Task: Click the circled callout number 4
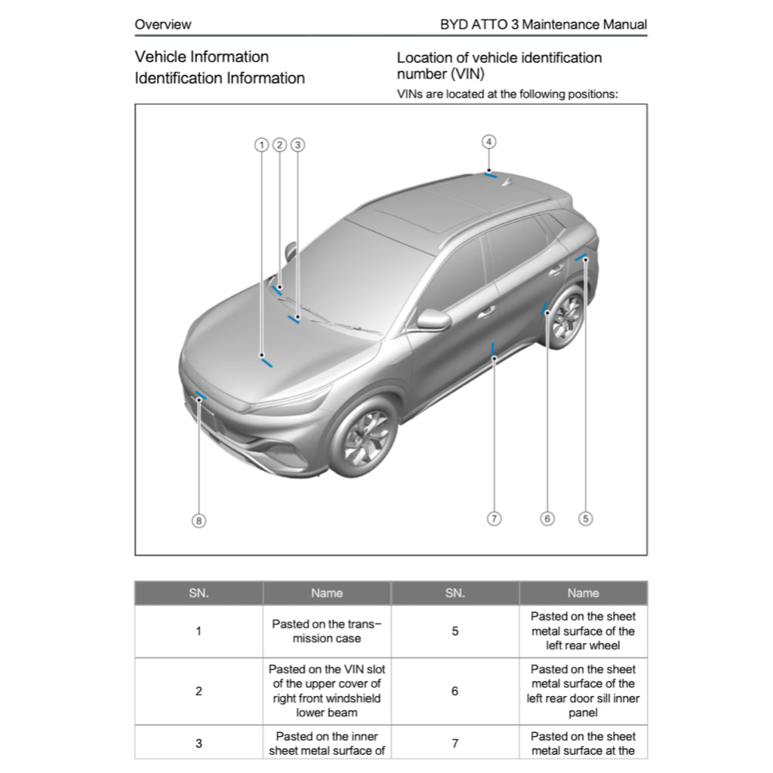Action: (489, 141)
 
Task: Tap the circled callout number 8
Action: (199, 520)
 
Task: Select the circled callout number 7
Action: (494, 519)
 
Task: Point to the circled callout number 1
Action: (261, 144)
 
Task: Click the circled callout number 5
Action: (586, 519)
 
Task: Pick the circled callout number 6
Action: (547, 519)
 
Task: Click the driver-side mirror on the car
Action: (433, 319)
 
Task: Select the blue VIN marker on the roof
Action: (491, 175)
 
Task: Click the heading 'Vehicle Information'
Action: (202, 57)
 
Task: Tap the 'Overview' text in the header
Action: (163, 24)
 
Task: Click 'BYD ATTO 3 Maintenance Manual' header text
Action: (543, 24)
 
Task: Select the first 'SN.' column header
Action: (199, 593)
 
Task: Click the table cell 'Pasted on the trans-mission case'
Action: (327, 631)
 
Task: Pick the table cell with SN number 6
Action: (454, 691)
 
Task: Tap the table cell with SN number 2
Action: (199, 691)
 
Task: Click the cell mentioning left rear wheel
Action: (583, 631)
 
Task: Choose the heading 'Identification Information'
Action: (220, 79)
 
